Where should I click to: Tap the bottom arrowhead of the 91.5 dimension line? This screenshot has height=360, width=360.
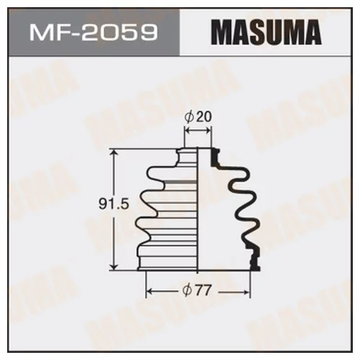point(114,269)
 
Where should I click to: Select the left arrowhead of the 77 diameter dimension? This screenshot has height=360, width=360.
point(149,291)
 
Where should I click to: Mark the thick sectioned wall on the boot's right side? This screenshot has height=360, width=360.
point(241,209)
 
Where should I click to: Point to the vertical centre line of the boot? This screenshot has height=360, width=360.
point(199,216)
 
